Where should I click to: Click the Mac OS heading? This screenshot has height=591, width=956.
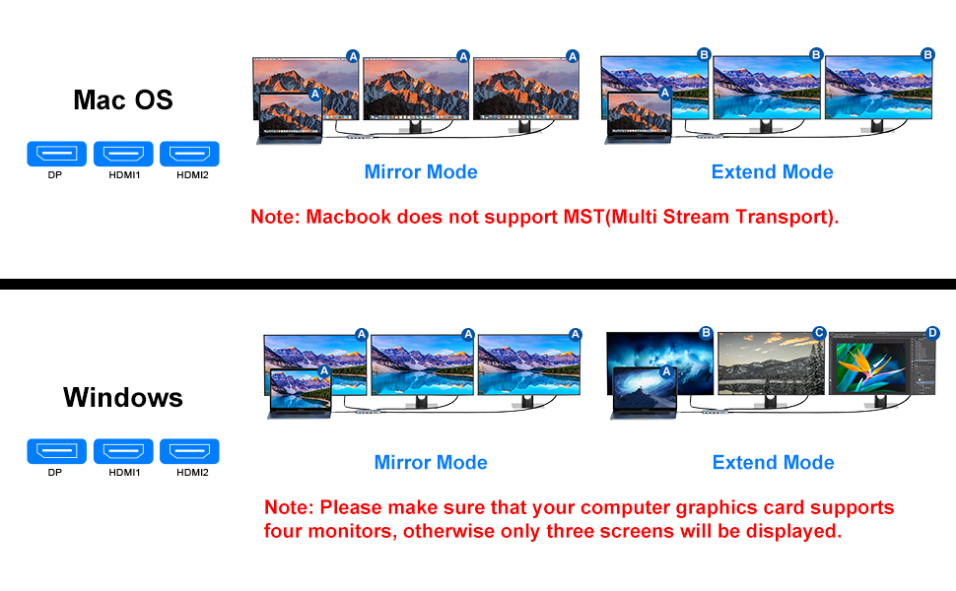click(123, 99)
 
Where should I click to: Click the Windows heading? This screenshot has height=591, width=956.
click(123, 397)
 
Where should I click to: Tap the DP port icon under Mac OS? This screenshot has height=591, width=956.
click(55, 154)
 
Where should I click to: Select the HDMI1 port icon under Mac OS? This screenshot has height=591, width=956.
click(124, 154)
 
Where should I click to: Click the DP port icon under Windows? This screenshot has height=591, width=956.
click(55, 452)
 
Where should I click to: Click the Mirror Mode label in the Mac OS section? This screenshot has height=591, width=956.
click(421, 172)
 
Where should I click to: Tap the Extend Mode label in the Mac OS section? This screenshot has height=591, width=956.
click(772, 172)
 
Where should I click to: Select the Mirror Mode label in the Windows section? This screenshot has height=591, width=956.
click(431, 463)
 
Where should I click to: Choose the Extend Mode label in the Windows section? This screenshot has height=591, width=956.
click(773, 463)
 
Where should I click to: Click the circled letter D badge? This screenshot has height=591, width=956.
click(932, 333)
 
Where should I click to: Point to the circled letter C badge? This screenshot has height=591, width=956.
click(818, 333)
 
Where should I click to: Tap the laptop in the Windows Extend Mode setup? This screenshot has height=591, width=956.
click(645, 391)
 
